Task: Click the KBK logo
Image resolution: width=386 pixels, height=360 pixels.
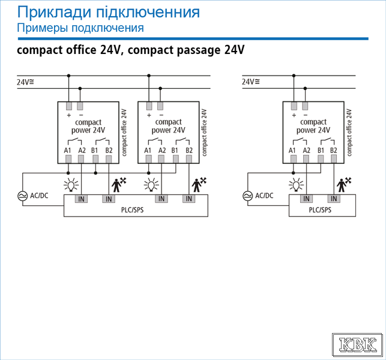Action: (x=357, y=345)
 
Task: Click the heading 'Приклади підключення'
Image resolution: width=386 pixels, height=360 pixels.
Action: (x=108, y=12)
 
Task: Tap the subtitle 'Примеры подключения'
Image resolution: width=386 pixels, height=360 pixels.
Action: (x=80, y=28)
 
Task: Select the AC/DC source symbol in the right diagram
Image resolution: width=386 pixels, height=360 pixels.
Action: (x=248, y=196)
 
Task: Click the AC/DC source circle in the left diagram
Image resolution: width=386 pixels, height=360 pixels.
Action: (x=23, y=196)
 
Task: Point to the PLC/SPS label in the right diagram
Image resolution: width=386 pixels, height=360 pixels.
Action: (x=320, y=210)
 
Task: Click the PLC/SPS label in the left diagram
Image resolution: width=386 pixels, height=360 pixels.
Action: (x=132, y=210)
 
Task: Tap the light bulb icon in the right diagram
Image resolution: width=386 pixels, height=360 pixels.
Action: (x=296, y=185)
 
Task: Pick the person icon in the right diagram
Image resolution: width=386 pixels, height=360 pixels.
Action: (x=344, y=185)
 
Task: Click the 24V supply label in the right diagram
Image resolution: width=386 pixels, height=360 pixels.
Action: (x=250, y=82)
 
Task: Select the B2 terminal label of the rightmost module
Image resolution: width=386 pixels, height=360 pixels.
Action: (x=334, y=150)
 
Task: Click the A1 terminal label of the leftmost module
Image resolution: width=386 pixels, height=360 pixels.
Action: (x=67, y=150)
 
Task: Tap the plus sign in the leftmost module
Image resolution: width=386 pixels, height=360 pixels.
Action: (x=68, y=115)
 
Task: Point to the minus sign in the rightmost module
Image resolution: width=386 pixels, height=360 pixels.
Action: (x=306, y=115)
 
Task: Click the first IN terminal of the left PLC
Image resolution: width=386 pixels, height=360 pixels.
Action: (x=81, y=199)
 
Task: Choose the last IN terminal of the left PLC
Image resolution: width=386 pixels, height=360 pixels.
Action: (x=189, y=199)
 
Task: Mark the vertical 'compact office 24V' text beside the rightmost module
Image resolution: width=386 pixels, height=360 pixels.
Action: (x=349, y=133)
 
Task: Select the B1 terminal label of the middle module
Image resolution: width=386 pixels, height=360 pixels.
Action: (x=175, y=150)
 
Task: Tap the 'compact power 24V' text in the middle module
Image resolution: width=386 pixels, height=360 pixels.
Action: (x=168, y=126)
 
